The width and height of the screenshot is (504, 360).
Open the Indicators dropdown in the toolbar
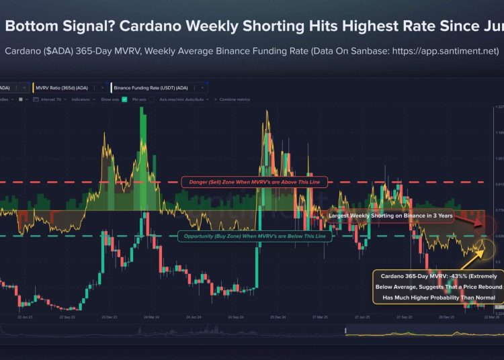coord(81,99)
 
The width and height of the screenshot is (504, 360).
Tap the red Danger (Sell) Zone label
coord(254,182)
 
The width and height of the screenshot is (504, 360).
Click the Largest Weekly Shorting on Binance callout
coord(390,216)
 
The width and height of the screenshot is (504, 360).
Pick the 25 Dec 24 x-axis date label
coord(279,315)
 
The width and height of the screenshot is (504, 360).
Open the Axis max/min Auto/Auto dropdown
coord(184,99)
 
